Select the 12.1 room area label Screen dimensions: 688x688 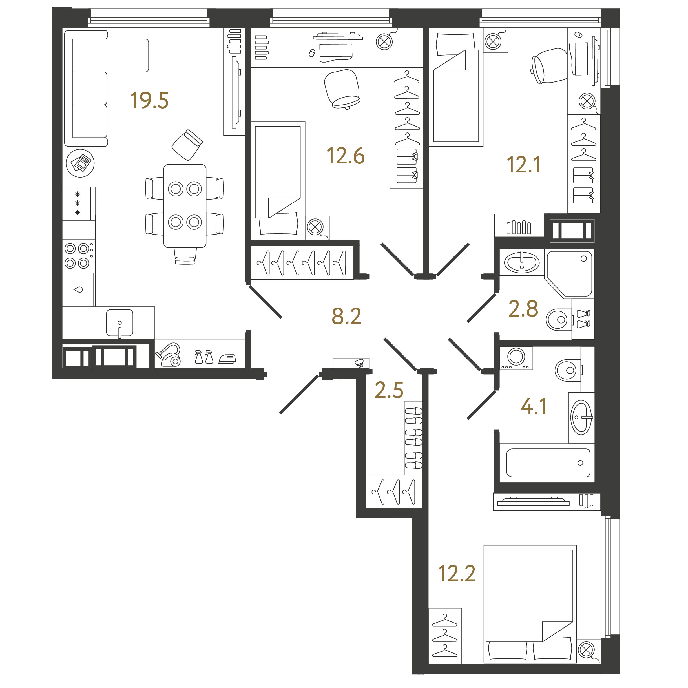tap(523, 165)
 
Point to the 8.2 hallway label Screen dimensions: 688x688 tap(346, 316)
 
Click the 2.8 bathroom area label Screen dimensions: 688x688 tap(523, 308)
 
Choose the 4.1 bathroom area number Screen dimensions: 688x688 tap(533, 406)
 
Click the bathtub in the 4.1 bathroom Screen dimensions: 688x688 tap(548, 463)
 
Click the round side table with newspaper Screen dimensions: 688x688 tap(80, 163)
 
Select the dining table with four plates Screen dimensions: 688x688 tap(185, 206)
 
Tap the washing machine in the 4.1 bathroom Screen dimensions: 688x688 tap(516, 358)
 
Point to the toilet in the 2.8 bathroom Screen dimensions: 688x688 tap(559, 319)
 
